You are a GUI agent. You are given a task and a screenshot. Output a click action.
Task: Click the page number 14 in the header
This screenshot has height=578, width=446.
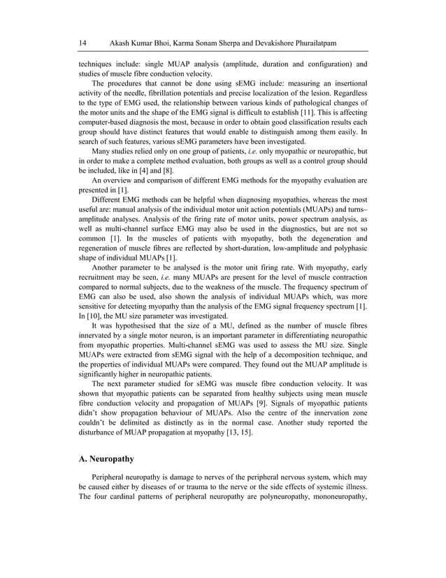[x=82, y=43]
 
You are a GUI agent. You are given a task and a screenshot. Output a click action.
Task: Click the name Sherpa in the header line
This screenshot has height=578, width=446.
[x=216, y=43]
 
